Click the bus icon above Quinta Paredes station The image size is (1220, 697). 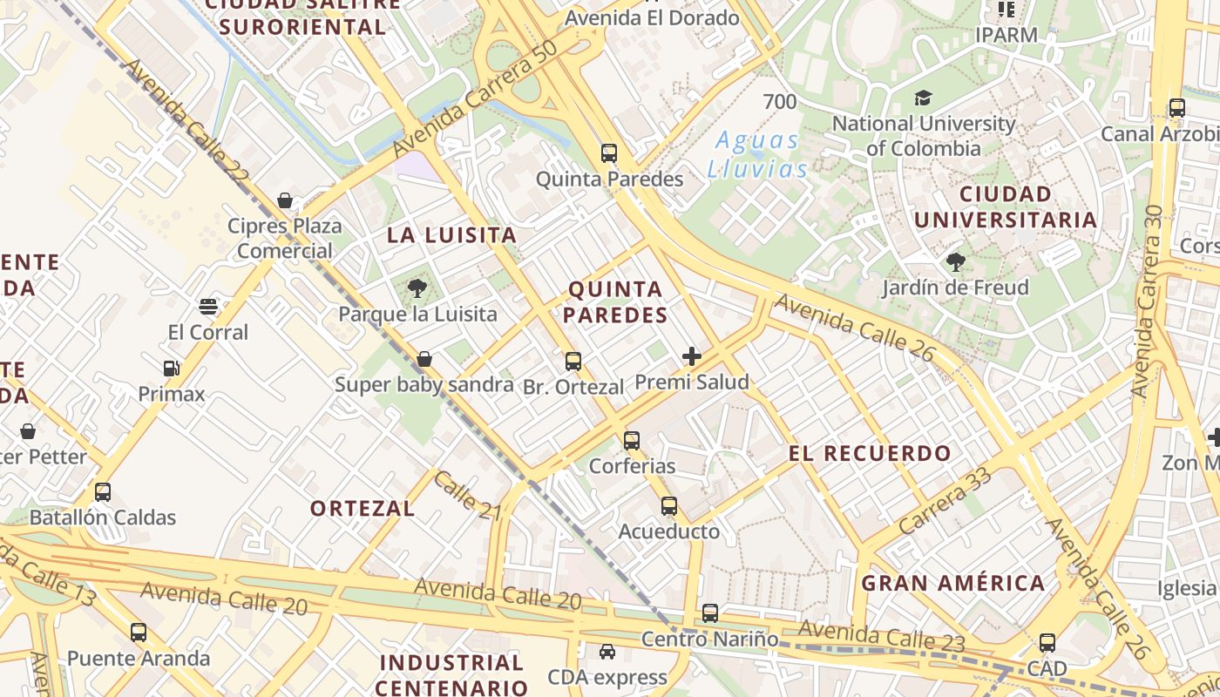pos(609,153)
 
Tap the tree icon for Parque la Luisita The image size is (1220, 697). pos(417,288)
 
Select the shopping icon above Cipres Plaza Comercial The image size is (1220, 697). pos(284,200)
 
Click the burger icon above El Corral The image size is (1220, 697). pos(207,307)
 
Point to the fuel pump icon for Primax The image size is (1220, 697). pos(172,369)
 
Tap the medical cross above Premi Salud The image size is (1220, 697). pos(692,356)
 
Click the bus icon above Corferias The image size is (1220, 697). pos(632,441)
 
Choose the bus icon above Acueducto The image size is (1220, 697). pos(669,505)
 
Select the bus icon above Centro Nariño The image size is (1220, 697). pos(710,613)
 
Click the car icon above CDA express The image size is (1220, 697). pos(607,652)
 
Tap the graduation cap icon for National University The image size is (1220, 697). pos(923,98)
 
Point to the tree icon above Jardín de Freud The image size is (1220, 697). pos(955,261)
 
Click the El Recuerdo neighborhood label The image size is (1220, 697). pos(870,453)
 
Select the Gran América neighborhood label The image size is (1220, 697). pos(953,583)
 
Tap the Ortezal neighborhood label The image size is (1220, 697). pos(363,508)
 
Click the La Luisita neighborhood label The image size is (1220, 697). pos(452,234)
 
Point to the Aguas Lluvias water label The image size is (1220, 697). pos(756,154)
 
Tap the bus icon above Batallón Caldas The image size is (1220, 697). pos(103,492)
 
